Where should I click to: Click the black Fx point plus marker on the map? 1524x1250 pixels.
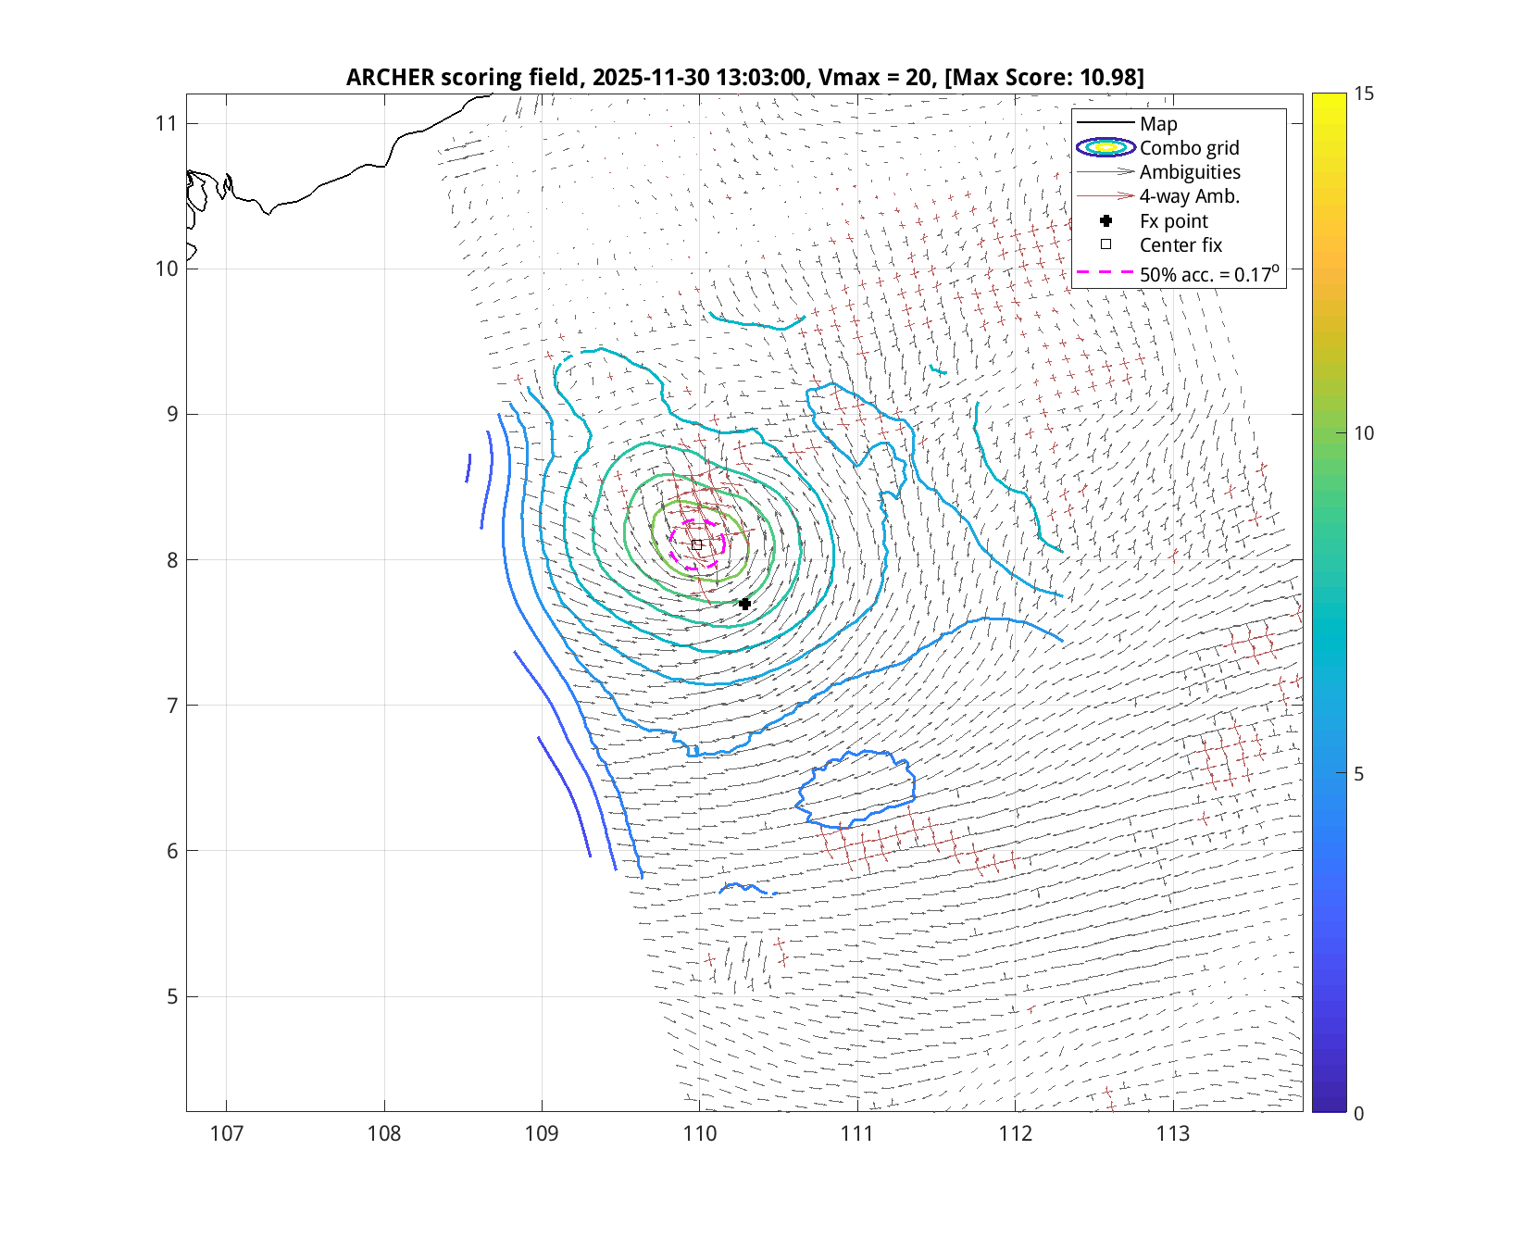pos(744,604)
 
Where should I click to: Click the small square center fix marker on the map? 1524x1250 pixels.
pos(697,544)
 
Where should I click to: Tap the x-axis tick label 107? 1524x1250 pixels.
pos(226,1133)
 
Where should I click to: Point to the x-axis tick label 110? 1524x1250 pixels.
pos(699,1133)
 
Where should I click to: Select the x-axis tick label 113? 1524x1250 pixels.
pos(1172,1133)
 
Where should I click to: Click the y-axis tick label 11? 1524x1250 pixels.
pos(166,123)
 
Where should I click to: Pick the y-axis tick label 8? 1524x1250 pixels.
pos(172,560)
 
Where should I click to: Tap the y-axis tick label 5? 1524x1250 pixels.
pos(172,997)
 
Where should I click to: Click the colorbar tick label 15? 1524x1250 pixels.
pos(1363,94)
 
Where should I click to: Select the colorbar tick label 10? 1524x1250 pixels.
pos(1363,433)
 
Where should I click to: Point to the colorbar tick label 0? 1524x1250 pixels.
pos(1358,1113)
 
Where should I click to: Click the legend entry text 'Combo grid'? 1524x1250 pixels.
pos(1189,148)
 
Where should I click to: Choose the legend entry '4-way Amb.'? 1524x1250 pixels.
pos(1189,196)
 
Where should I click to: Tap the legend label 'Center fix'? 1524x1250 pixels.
pos(1180,245)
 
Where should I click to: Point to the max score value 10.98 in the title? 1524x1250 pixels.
pos(1107,77)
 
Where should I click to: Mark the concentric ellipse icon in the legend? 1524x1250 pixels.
pos(1106,147)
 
